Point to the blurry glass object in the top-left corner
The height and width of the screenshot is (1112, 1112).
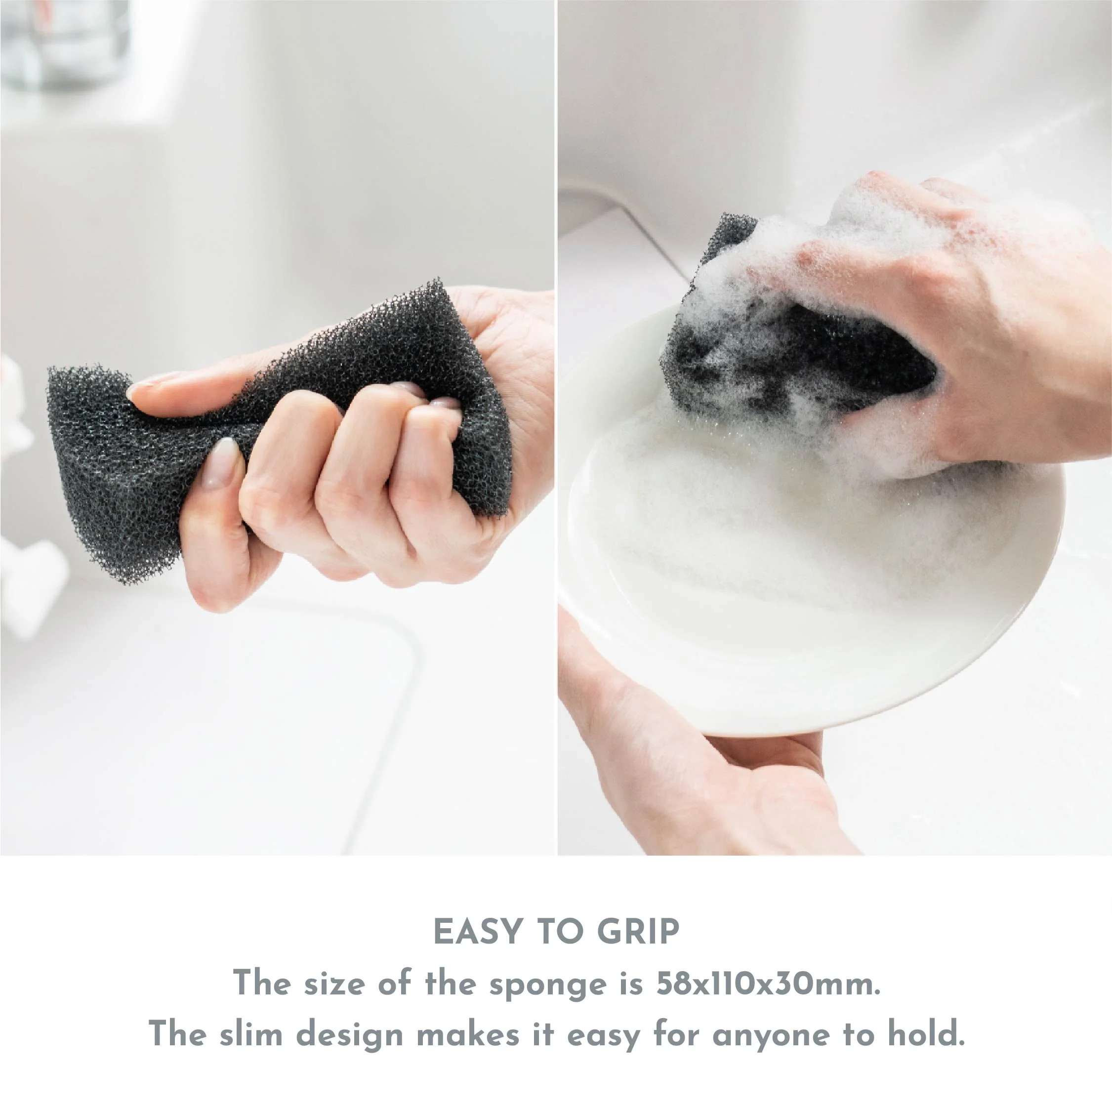click(63, 43)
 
